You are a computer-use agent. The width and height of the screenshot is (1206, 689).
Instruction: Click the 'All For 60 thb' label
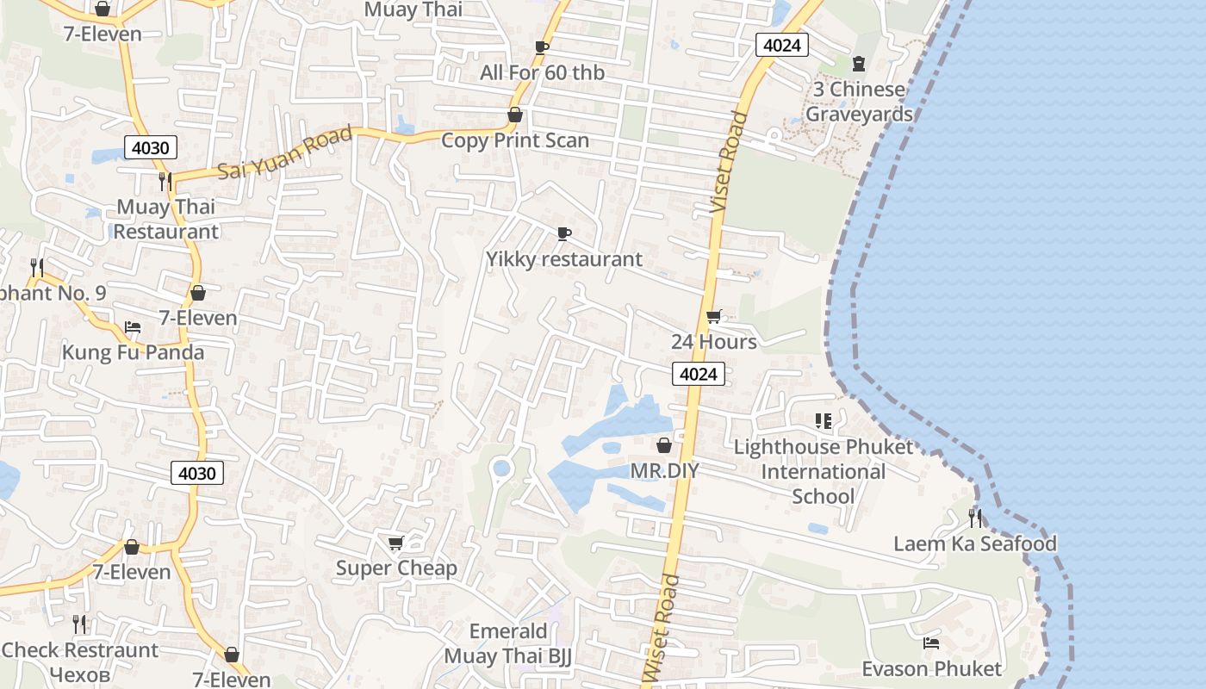[542, 73]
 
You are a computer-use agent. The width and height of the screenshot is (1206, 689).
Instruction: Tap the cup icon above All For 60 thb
[542, 47]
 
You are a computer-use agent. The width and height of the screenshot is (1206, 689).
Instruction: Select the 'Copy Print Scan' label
[515, 140]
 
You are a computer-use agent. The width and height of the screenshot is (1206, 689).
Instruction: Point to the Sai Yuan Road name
[285, 152]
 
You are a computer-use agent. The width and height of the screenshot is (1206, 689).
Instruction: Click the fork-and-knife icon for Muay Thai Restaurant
[165, 182]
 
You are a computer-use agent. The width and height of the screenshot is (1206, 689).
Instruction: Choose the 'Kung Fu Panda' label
[133, 352]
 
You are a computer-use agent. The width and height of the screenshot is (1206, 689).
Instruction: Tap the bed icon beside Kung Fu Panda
[133, 327]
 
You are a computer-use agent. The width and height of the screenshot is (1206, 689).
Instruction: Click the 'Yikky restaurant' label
[564, 259]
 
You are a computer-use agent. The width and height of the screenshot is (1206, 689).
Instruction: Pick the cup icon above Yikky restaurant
[564, 233]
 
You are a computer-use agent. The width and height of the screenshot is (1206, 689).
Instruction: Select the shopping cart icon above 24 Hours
[713, 316]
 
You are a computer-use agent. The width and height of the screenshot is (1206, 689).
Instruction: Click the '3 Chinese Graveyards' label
[859, 102]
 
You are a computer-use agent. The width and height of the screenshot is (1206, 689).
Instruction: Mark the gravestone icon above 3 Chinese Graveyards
[858, 63]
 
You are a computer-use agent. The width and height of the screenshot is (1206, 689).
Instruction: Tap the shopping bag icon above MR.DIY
[664, 445]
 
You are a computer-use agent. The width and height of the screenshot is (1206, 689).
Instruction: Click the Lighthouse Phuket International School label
[823, 471]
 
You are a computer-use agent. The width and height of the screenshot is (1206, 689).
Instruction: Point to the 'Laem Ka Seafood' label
[975, 543]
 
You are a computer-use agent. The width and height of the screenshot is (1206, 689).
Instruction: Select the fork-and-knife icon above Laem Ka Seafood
[975, 518]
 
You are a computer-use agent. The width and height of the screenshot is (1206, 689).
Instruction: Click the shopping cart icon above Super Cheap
[396, 543]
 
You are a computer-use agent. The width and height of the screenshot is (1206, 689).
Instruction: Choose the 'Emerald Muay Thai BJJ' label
[508, 643]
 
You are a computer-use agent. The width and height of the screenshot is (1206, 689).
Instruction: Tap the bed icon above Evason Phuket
[931, 642]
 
